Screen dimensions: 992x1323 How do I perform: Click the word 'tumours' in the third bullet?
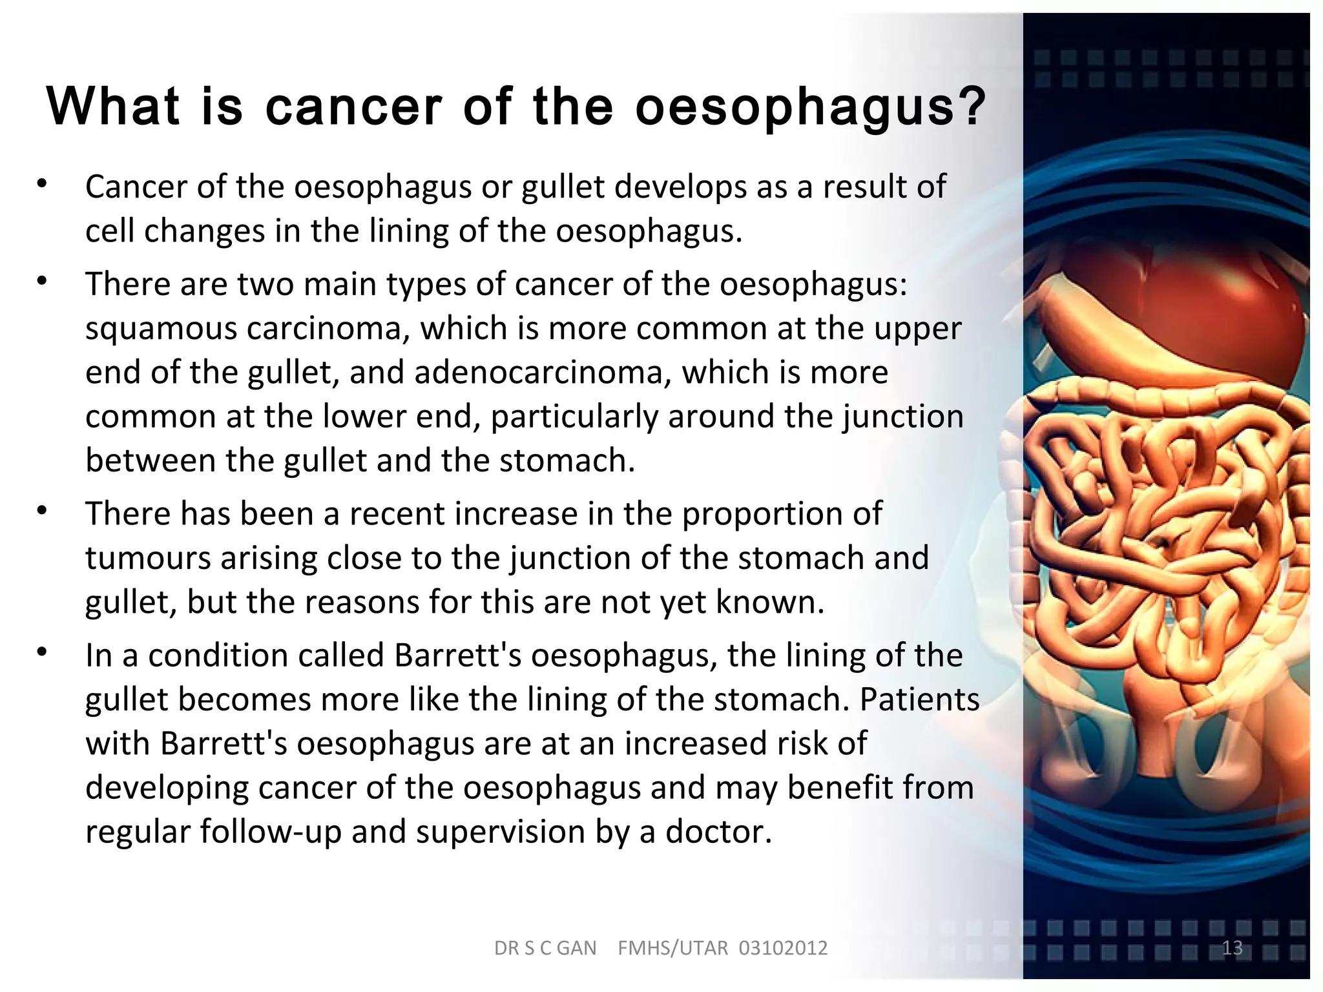tap(148, 558)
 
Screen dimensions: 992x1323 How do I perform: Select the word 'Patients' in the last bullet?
tap(919, 699)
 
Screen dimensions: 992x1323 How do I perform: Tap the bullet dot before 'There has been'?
tap(43, 511)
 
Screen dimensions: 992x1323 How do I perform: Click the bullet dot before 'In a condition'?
tap(43, 652)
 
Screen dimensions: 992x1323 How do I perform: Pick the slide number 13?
tap(1232, 947)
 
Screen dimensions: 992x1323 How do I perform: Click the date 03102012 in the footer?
tap(783, 948)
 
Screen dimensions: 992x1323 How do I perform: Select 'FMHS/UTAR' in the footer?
tap(672, 948)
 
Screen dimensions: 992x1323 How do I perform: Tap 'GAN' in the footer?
tap(576, 948)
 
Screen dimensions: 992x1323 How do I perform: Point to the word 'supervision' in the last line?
tap(500, 832)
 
